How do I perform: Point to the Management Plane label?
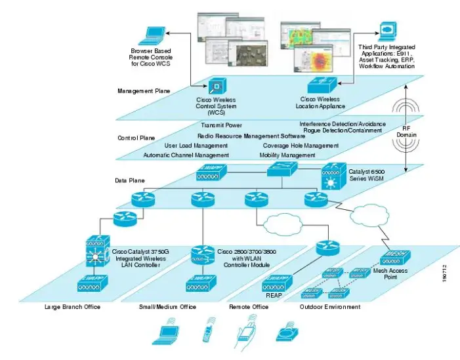(x=140, y=91)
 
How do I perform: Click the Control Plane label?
(x=136, y=138)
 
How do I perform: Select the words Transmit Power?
(x=221, y=125)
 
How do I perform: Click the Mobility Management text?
(x=287, y=155)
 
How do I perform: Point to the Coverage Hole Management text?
(x=301, y=146)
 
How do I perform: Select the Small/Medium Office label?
(x=167, y=307)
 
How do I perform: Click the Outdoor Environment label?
(x=329, y=307)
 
